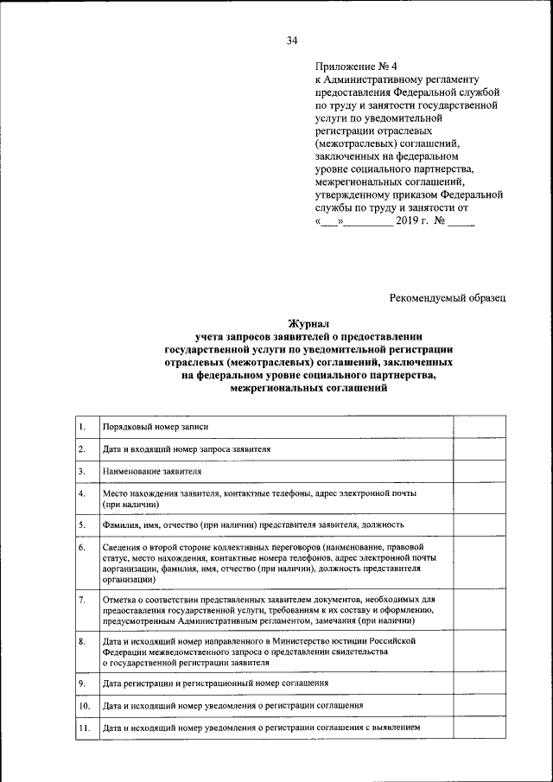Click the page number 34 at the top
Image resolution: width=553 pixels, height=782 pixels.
(x=291, y=41)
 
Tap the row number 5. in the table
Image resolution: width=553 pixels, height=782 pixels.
(x=81, y=525)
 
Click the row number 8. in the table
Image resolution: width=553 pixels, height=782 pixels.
(x=81, y=641)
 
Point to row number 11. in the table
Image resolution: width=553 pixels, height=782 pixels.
(x=84, y=728)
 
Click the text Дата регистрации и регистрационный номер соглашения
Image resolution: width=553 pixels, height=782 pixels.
(x=215, y=683)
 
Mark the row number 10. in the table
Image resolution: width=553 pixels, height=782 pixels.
(x=84, y=706)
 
